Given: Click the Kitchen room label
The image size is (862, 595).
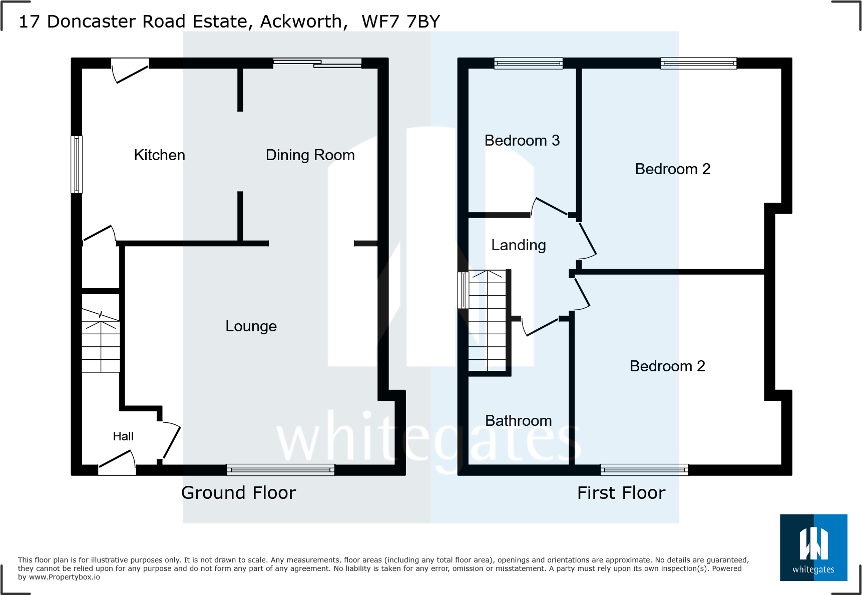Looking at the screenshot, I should [159, 155].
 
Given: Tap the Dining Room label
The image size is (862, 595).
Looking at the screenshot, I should [310, 155].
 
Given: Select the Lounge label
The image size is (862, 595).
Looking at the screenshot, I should [251, 326].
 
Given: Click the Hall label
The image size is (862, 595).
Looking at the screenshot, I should [123, 436].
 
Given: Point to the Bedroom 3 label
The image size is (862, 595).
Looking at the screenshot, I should [522, 141].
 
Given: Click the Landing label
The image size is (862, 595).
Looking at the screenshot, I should [518, 245].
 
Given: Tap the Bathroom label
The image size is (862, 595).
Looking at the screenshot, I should [518, 421].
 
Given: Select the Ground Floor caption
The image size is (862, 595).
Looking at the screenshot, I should [238, 493].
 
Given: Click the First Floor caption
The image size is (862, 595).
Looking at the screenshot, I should [621, 493].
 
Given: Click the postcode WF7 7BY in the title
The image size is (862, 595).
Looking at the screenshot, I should [400, 22].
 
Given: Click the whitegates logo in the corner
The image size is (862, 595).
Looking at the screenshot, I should [813, 547].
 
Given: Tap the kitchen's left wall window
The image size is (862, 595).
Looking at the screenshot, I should [77, 164].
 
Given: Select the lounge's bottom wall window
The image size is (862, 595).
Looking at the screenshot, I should [280, 469].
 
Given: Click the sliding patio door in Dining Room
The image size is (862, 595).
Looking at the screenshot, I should [317, 63].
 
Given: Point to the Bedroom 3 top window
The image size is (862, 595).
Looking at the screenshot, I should [528, 63].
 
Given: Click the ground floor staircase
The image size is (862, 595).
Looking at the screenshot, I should [101, 340].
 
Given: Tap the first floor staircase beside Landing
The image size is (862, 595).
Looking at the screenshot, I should [487, 320].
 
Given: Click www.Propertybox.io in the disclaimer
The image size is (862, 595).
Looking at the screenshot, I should [64, 577].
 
